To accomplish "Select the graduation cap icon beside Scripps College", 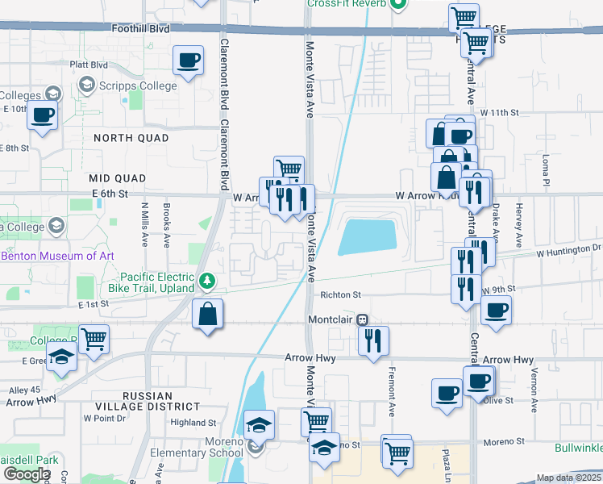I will [x=86, y=85].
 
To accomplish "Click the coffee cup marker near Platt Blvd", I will [x=188, y=61].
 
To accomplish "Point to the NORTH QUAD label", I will [x=131, y=138].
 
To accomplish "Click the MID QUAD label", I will [x=118, y=177].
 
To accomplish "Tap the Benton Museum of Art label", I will [x=57, y=256].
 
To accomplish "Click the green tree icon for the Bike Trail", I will [x=208, y=280].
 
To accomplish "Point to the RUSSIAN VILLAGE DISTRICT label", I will [x=148, y=401].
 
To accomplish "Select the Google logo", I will [x=27, y=474].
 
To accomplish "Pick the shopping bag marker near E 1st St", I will [x=208, y=314].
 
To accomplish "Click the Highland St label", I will [x=193, y=422].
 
